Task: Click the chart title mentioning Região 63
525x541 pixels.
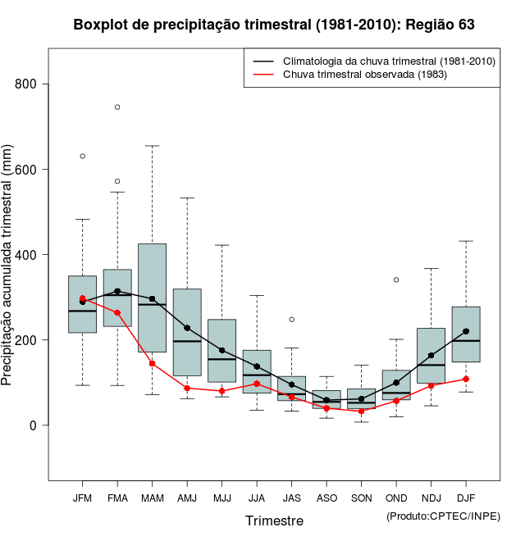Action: click(274, 25)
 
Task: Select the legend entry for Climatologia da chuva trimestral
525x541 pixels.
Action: click(388, 61)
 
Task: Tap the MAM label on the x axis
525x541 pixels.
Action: click(152, 498)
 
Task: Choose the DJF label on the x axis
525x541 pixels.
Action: click(466, 498)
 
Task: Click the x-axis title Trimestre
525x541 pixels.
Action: click(274, 521)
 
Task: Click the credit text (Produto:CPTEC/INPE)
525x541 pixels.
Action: click(442, 516)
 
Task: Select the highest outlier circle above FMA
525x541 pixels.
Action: click(117, 107)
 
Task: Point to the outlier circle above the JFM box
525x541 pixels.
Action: click(82, 156)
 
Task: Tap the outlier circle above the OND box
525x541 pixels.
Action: click(396, 280)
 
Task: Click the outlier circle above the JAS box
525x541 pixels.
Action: click(291, 319)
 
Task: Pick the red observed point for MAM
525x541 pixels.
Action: click(152, 363)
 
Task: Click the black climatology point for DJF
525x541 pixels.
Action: click(466, 331)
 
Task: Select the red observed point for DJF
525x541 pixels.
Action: click(466, 379)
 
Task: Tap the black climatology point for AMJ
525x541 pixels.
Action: click(187, 328)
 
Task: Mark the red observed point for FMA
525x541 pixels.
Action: click(117, 312)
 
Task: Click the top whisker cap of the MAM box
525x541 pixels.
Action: click(152, 146)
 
